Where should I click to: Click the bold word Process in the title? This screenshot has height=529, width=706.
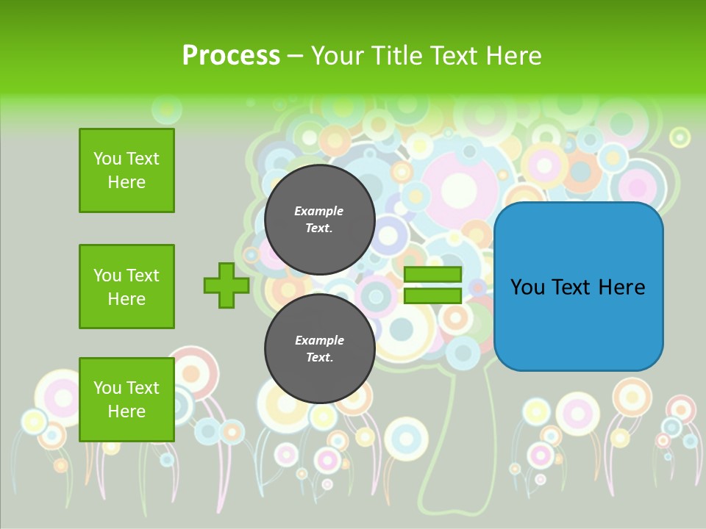pos(231,56)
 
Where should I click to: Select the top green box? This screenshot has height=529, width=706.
pos(126,170)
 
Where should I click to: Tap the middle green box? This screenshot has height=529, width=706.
pos(126,287)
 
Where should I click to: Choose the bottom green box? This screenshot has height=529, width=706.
pos(126,400)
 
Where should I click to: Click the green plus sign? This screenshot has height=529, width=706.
pos(227,285)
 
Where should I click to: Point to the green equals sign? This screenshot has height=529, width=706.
pos(432,285)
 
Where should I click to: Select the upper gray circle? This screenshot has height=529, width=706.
pos(319,219)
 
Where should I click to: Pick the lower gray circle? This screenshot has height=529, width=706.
pos(319,349)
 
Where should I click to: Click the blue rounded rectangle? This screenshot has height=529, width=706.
pos(578,287)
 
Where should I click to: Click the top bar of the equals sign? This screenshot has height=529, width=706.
pos(432,274)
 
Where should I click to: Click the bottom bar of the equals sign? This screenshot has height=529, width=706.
pos(432,296)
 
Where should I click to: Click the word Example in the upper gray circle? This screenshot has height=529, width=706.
pos(319,211)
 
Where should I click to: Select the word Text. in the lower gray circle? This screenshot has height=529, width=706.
pos(319,358)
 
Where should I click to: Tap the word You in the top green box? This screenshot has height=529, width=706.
pos(107,159)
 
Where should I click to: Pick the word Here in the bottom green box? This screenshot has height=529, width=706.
pos(126,411)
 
